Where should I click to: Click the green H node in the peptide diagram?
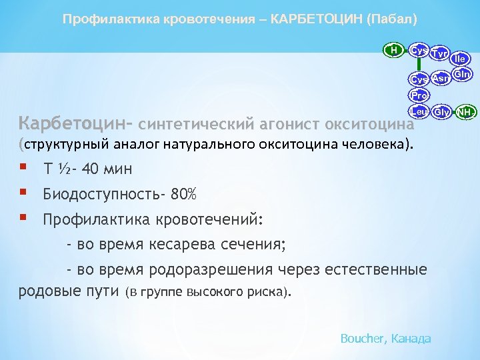[x=393, y=49]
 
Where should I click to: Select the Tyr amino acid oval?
[x=439, y=53]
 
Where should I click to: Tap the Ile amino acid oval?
[x=461, y=59]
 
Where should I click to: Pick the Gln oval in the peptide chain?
[x=463, y=74]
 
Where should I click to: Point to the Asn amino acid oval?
[x=440, y=79]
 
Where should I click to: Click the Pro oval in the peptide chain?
[x=419, y=95]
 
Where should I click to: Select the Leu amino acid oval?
[x=419, y=111]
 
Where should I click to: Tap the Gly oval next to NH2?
[x=441, y=111]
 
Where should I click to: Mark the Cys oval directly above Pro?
[x=419, y=79]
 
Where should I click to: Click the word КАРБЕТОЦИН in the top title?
[x=314, y=19]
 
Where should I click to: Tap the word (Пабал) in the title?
[x=392, y=19]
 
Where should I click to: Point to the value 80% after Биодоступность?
[x=183, y=194]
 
